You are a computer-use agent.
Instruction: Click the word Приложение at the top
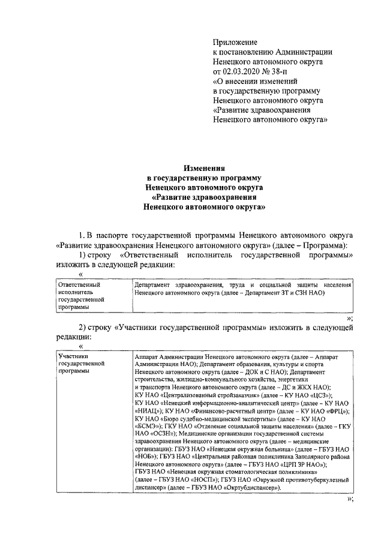tap(235, 42)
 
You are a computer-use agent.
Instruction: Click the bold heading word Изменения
tap(204, 170)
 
